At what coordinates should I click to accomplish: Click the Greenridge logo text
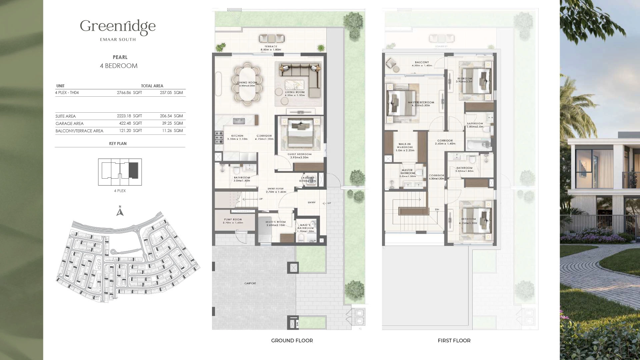pyautogui.click(x=118, y=27)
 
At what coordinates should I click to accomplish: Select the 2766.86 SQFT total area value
pyautogui.click(x=129, y=93)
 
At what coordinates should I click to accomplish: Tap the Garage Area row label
pyautogui.click(x=69, y=123)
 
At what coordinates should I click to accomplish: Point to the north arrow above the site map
pyautogui.click(x=120, y=211)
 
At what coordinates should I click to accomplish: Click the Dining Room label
pyautogui.click(x=247, y=83)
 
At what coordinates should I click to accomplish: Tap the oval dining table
pyautogui.click(x=247, y=83)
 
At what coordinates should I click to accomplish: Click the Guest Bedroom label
pyautogui.click(x=299, y=154)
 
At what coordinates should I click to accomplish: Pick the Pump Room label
pyautogui.click(x=233, y=220)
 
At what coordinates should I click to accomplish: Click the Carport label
pyautogui.click(x=250, y=283)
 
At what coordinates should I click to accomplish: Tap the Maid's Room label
pyautogui.click(x=276, y=222)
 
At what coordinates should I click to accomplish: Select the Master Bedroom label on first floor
pyautogui.click(x=421, y=103)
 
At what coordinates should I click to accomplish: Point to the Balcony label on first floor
pyautogui.click(x=422, y=62)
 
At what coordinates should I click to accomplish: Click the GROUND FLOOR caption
pyautogui.click(x=292, y=340)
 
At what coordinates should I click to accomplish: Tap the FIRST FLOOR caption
pyautogui.click(x=454, y=340)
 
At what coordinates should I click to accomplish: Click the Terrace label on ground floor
pyautogui.click(x=271, y=47)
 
